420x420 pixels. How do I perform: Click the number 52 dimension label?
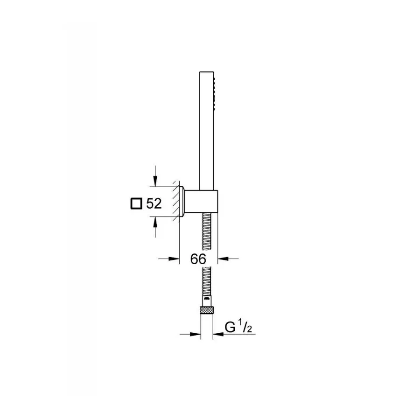pos(154,203)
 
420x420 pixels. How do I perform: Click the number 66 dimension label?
pos(198,259)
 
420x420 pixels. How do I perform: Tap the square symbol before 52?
pos(135,203)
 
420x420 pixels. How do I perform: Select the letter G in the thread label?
pos(230,328)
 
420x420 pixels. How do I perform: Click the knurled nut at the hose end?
pos(207,309)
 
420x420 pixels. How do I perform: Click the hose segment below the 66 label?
pos(207,280)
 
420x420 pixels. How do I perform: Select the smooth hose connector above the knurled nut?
pos(207,300)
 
